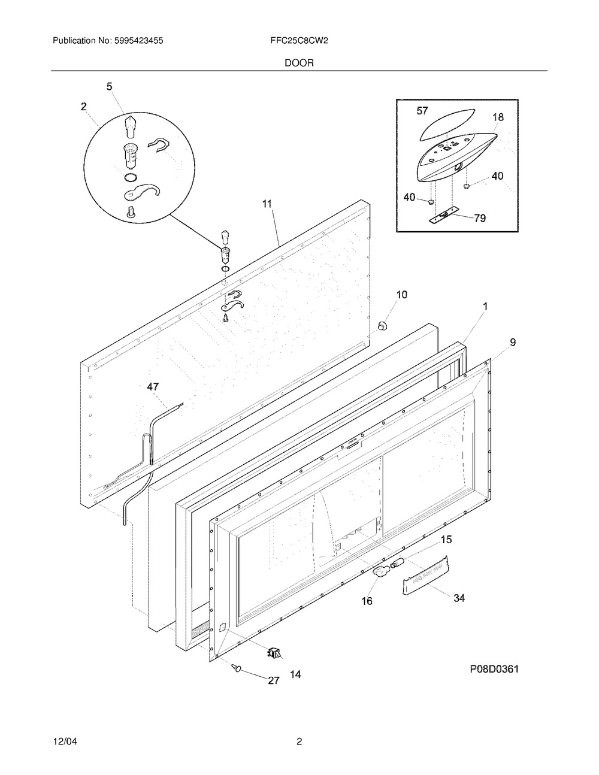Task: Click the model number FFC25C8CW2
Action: (299, 41)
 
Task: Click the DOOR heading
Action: (299, 63)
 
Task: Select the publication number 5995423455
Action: (139, 41)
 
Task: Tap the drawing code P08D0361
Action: (494, 670)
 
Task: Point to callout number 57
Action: (422, 111)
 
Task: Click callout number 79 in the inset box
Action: (480, 218)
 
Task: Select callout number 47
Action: (153, 387)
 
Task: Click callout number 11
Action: (267, 204)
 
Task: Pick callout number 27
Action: (274, 681)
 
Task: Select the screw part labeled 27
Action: (237, 666)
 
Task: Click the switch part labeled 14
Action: (274, 652)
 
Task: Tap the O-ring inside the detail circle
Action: (131, 177)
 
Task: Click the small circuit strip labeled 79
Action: (443, 216)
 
